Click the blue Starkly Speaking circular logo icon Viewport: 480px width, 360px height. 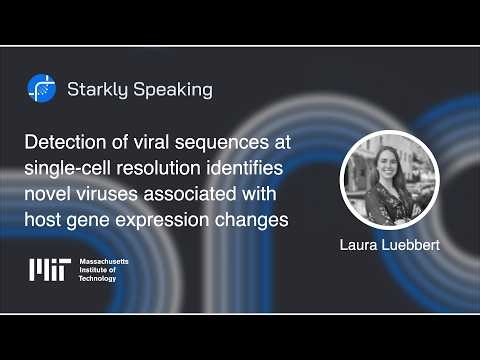[41, 89]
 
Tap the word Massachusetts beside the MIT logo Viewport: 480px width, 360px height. [104, 260]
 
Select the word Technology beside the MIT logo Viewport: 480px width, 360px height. [98, 278]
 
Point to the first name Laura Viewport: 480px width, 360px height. [359, 242]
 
